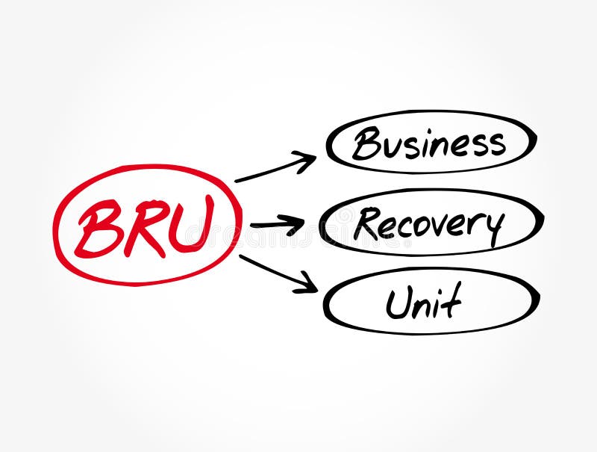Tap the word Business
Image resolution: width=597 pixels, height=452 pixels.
coord(428,143)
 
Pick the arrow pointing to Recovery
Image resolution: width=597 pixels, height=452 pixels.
coord(277,223)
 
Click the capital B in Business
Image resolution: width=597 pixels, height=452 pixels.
coord(365,144)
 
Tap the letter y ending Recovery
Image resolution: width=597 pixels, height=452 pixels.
coord(493,227)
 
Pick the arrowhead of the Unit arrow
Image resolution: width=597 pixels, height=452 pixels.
coord(307,284)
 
